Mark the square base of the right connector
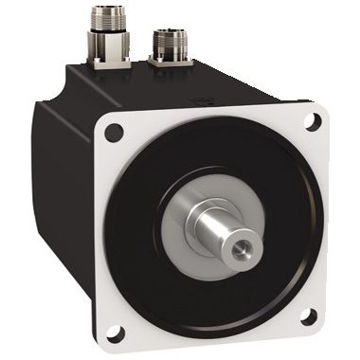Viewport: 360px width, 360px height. tap(172, 64)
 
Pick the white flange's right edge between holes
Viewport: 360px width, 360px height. tap(322, 218)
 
